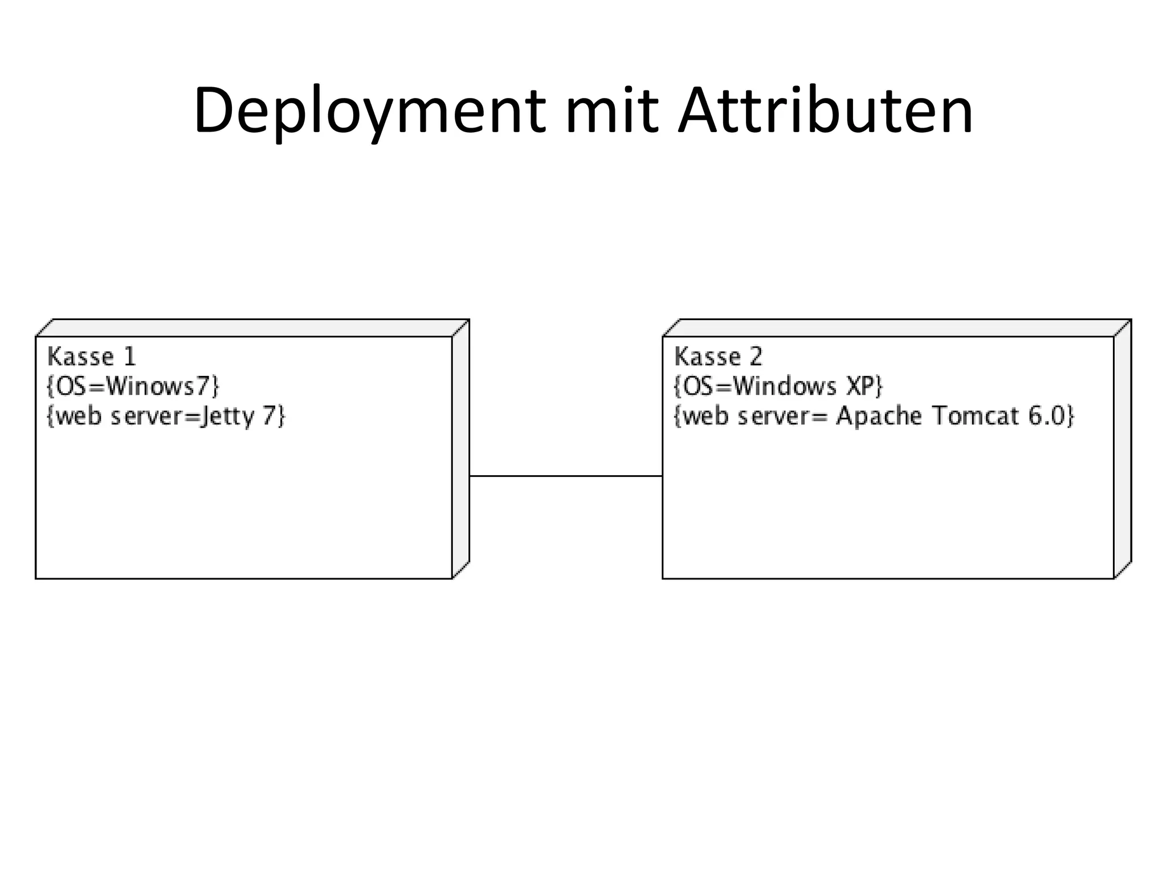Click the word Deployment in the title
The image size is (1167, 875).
[369, 111]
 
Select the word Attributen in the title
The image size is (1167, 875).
[826, 111]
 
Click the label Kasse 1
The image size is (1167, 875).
[92, 357]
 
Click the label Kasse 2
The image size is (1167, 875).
[718, 357]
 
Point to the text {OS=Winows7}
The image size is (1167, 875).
[132, 386]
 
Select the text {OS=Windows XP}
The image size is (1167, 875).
[778, 386]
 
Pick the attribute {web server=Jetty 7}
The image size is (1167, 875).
[165, 416]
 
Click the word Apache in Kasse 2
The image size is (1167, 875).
[878, 416]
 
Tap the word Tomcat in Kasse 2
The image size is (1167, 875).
[975, 416]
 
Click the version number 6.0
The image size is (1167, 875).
[1046, 416]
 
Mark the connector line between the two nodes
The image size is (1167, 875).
[565, 476]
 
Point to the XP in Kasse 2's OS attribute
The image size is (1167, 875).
[860, 386]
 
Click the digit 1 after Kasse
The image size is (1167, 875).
[130, 357]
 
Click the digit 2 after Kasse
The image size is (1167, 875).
[756, 357]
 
